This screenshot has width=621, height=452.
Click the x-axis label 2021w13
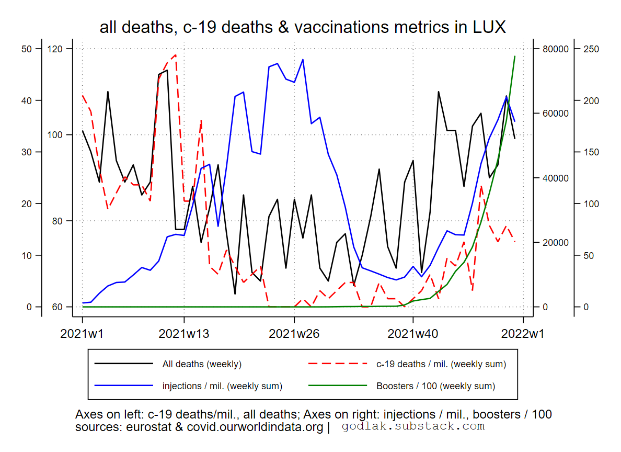tap(183, 334)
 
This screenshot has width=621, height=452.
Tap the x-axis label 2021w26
tap(294, 334)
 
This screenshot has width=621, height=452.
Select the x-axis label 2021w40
tap(413, 334)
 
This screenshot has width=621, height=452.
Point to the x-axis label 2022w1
tap(523, 334)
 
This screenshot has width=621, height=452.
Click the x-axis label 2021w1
tap(82, 334)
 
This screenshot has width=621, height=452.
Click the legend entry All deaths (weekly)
tap(202, 364)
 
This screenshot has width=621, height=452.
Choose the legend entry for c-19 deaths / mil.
tap(441, 364)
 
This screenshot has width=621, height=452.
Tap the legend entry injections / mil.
tap(222, 387)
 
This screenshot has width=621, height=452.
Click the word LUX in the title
tap(488, 27)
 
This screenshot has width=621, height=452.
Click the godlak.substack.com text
tap(413, 426)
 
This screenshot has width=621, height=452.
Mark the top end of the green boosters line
tap(515, 56)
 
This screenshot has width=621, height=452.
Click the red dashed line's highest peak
tap(175, 54)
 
